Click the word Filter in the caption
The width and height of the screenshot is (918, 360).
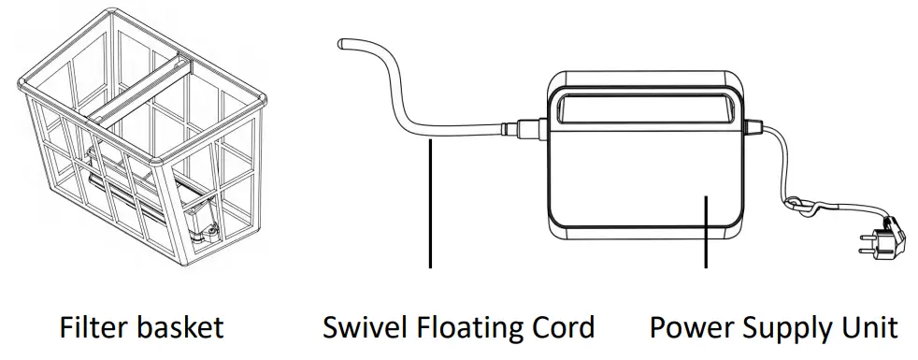point(91,328)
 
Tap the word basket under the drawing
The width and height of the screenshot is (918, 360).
point(178,328)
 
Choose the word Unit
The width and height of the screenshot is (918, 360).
point(869,328)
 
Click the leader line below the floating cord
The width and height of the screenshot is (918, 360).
point(430,206)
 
